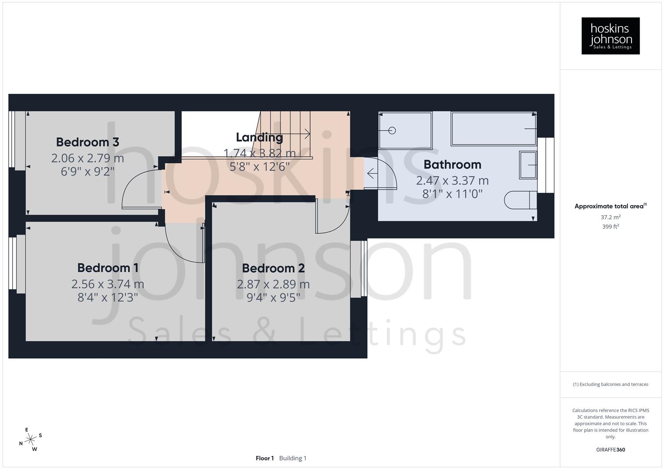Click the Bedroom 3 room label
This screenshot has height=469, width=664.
(x=87, y=142)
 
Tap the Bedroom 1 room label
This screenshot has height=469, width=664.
(x=107, y=268)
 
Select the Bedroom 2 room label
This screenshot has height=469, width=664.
(x=273, y=268)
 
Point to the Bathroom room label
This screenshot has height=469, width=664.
(x=452, y=165)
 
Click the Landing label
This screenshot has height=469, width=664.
(x=259, y=137)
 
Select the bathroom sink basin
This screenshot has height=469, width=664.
(x=528, y=165)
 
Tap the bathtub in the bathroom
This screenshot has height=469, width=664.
(x=494, y=129)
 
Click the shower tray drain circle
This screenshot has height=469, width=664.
(x=392, y=130)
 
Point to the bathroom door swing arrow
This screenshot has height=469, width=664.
(x=372, y=174)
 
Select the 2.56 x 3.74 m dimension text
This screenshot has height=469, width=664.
(x=107, y=284)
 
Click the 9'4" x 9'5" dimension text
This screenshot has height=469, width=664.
(x=273, y=297)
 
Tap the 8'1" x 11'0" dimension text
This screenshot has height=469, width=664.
(x=452, y=194)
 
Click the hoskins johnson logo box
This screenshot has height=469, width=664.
(x=610, y=36)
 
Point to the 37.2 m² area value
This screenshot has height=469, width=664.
(x=610, y=217)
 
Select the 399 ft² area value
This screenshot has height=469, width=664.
(x=610, y=227)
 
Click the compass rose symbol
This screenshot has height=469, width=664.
(x=30, y=439)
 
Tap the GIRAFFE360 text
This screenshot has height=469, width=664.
(x=610, y=449)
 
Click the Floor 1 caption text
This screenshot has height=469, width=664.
(x=264, y=458)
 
